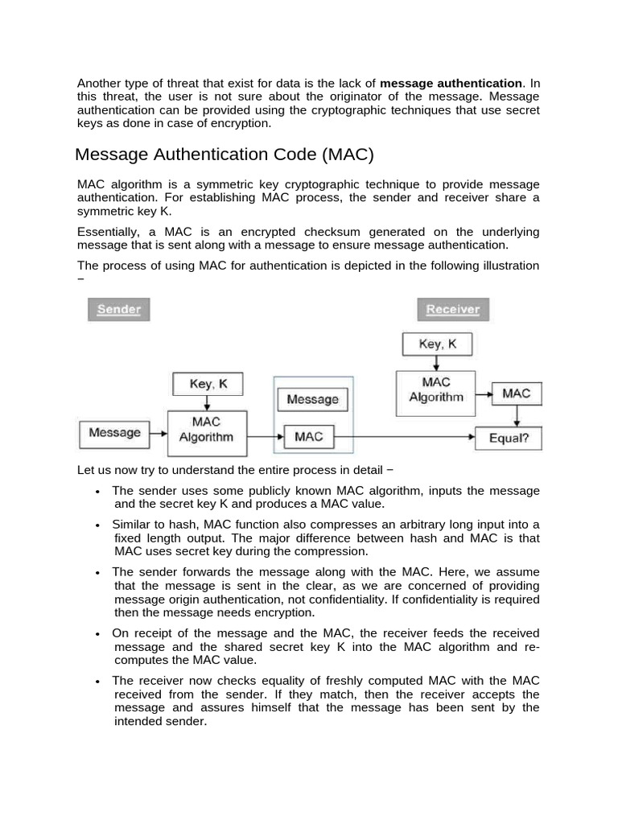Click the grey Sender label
(119, 309)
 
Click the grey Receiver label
(453, 309)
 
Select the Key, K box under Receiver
(438, 344)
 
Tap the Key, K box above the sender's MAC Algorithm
(208, 384)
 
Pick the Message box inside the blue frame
(313, 399)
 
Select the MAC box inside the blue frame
(309, 436)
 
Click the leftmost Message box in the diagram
(114, 433)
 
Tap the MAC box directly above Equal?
(516, 393)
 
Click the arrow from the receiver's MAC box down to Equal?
(516, 415)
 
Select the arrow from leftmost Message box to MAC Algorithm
(159, 435)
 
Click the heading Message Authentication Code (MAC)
(225, 154)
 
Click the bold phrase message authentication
(451, 83)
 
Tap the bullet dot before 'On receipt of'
(97, 634)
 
